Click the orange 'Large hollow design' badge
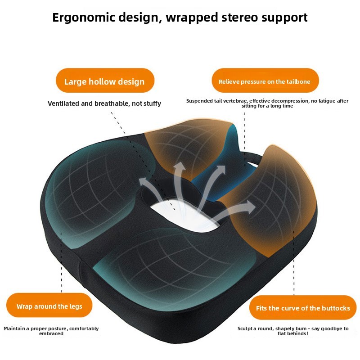[104, 81]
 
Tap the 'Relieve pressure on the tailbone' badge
[265, 81]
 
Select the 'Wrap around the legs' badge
[49, 306]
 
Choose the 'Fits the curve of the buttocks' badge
[303, 308]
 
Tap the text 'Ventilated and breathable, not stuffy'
[104, 103]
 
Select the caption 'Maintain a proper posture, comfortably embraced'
[51, 331]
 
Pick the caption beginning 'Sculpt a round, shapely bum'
[293, 331]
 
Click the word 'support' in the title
[283, 18]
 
